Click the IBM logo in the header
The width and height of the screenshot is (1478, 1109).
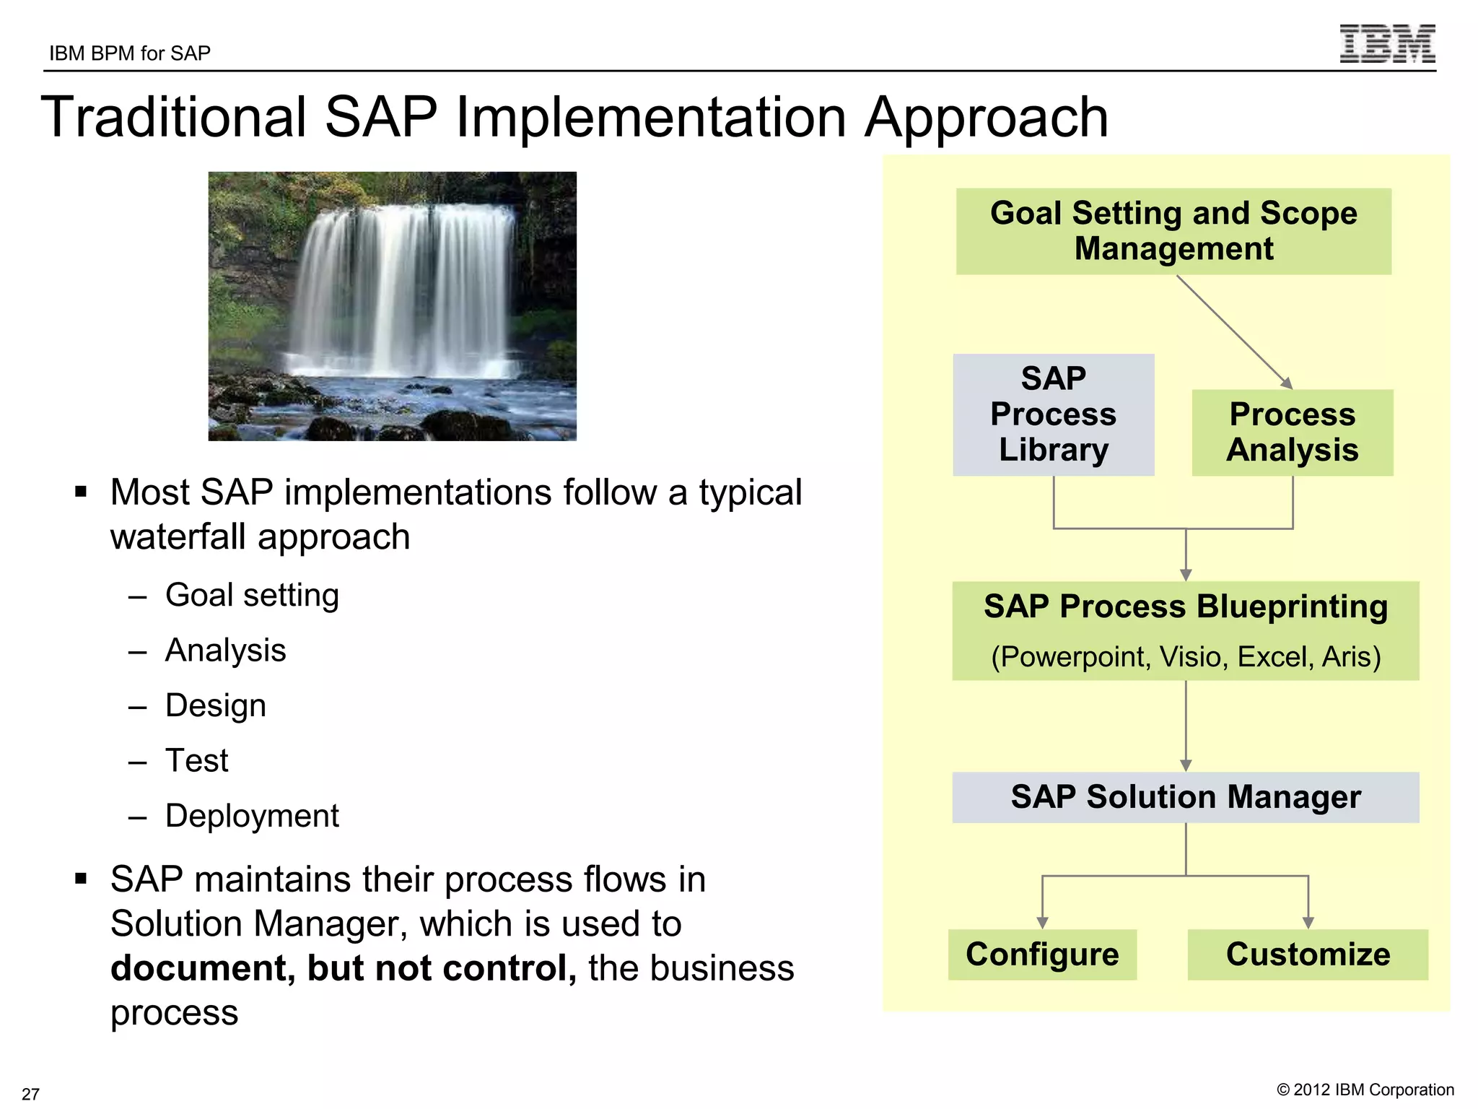1387,44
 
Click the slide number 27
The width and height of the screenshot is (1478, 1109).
30,1093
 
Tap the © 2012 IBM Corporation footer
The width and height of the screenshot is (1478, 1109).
1365,1090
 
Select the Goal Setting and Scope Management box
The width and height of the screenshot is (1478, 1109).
1173,231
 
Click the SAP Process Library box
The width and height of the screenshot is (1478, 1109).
1053,414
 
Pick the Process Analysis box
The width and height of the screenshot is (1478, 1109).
1292,432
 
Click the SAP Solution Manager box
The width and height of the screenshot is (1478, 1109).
1185,797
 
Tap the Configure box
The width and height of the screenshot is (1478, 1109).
1042,954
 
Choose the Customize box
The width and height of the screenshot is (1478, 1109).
1308,954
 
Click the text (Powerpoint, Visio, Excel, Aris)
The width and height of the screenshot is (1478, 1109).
1186,657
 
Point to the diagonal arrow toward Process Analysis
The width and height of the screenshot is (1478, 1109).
1234,331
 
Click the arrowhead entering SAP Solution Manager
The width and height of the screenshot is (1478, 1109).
1186,765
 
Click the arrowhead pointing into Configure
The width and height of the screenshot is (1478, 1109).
1042,922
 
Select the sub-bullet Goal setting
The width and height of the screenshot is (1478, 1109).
252,596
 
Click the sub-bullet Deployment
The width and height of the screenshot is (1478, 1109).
252,816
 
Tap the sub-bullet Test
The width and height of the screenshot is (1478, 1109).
196,761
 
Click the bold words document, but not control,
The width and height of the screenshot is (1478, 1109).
344,968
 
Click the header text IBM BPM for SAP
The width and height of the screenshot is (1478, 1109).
130,53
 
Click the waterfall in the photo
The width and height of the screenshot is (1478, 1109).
404,289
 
